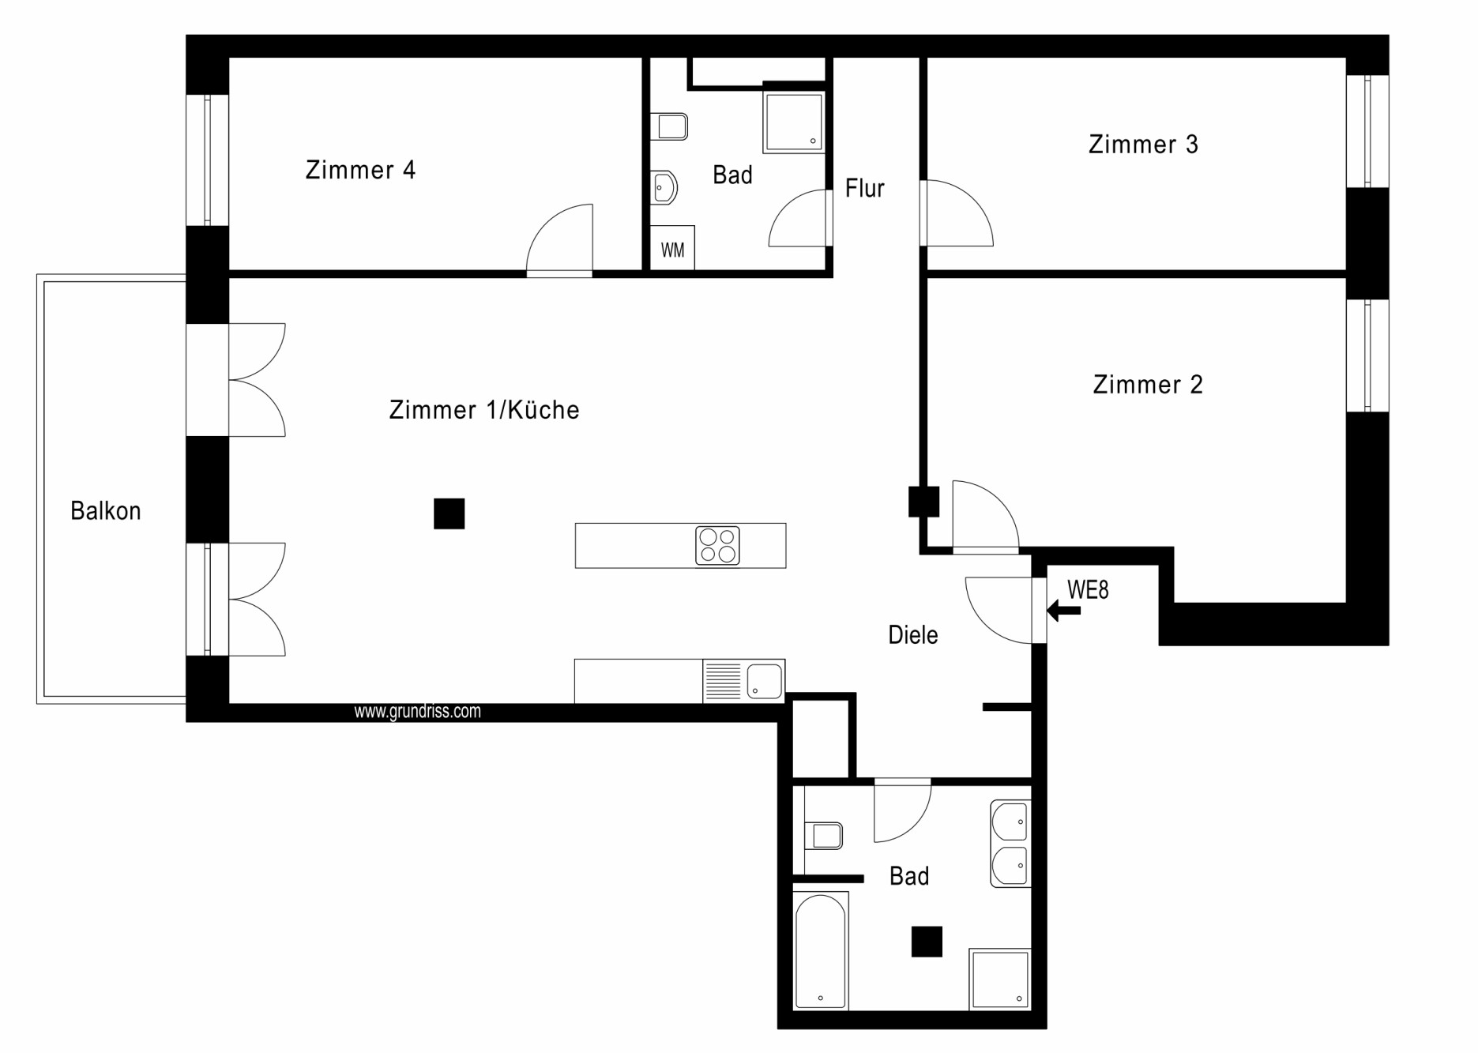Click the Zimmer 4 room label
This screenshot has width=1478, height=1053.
coord(360,170)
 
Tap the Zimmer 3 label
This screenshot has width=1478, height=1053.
coord(1143,145)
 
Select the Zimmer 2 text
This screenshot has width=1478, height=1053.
coord(1148,385)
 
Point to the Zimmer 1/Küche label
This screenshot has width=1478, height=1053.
coord(484,410)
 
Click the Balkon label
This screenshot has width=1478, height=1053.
coord(106,511)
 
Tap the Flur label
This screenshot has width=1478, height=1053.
coord(865,188)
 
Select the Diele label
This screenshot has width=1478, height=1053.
coord(913,635)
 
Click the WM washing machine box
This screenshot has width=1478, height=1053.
coord(672,248)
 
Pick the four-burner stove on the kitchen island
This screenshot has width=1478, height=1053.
coord(717,546)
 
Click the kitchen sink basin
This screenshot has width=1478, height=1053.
coord(764,681)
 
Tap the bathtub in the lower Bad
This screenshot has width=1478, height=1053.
coord(821,951)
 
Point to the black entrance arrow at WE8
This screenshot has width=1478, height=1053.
coord(1063,611)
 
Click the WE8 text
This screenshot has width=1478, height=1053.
coord(1088,590)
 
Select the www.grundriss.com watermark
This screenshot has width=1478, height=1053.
coord(417,712)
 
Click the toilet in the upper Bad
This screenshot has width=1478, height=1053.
coord(669,126)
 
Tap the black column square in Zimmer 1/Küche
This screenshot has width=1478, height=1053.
coord(449,513)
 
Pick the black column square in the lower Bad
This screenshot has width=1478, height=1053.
coord(927,942)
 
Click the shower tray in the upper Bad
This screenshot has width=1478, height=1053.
coord(794,122)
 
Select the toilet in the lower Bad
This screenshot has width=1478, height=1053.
coord(823,836)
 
